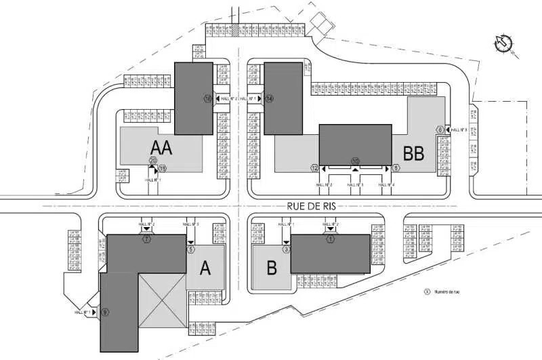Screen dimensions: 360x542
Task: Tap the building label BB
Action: tap(413, 153)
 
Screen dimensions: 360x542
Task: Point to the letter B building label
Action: tap(272, 268)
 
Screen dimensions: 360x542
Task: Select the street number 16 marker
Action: tap(208, 98)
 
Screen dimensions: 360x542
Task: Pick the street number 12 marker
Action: tap(314, 167)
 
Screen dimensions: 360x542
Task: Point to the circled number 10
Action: tap(355, 161)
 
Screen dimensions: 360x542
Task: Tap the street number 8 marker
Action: tap(396, 167)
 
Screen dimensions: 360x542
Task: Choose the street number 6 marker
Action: tap(440, 129)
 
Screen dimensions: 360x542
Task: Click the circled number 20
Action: tap(152, 161)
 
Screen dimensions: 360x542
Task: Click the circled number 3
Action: tap(287, 249)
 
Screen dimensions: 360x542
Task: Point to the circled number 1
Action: tap(331, 239)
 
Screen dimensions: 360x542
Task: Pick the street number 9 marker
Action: tap(105, 312)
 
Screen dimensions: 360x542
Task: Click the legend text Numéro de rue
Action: tap(449, 292)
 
